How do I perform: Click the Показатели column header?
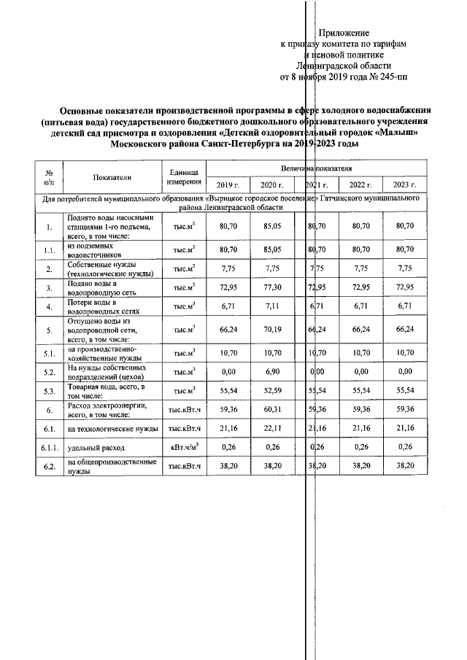[112, 177]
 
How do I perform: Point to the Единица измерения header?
[183, 177]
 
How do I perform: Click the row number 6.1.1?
[49, 446]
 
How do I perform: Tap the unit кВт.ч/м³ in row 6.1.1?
[183, 446]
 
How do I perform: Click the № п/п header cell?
[49, 177]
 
